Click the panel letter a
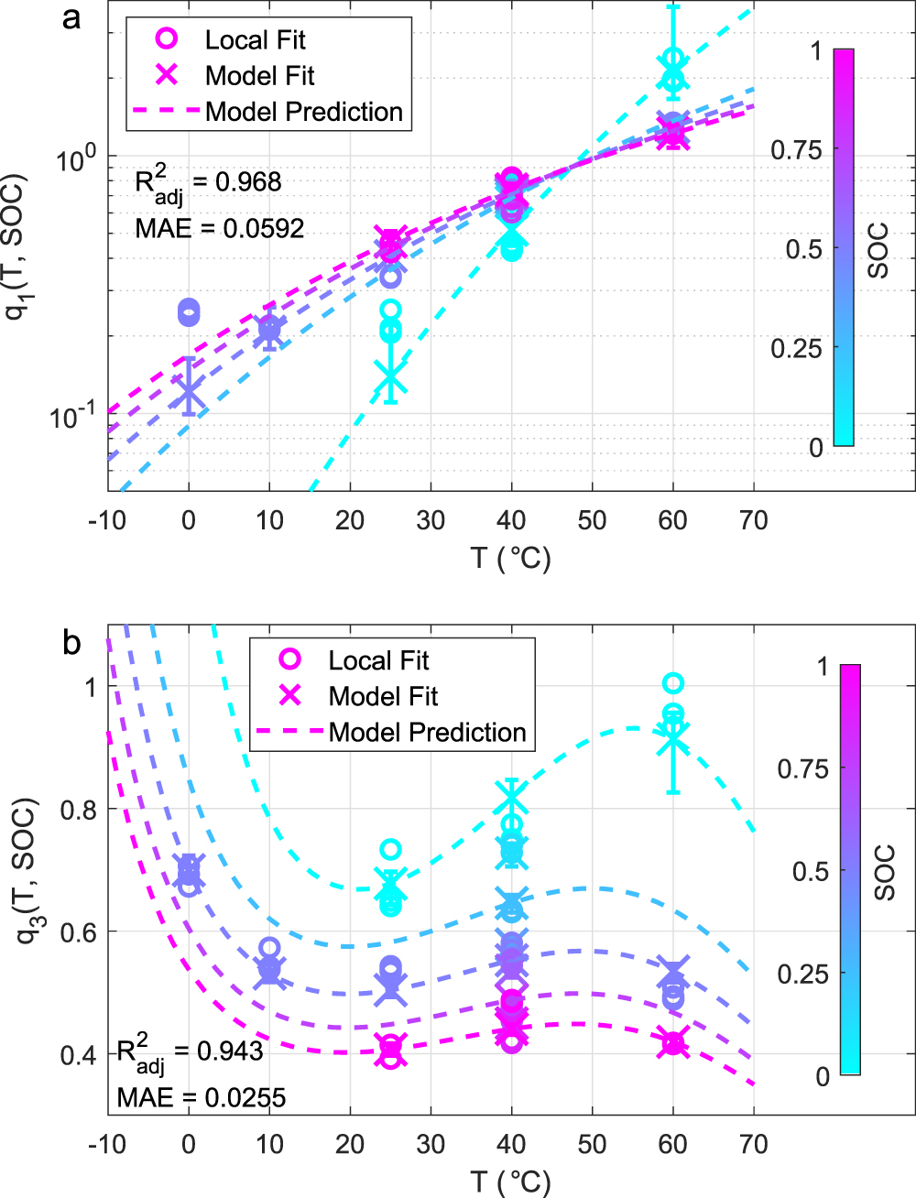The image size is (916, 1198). [x=71, y=17]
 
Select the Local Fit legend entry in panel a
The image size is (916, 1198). [x=255, y=39]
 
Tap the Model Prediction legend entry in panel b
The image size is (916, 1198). [x=427, y=733]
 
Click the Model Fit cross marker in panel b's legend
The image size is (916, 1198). [x=290, y=696]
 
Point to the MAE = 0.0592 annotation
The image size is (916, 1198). [x=220, y=228]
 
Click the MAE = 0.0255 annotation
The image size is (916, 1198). [x=202, y=1097]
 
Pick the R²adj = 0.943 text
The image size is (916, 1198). [x=190, y=1052]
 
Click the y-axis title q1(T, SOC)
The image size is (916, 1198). [x=16, y=247]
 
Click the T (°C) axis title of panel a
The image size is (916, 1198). [x=510, y=557]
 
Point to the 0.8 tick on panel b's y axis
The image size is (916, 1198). [x=78, y=810]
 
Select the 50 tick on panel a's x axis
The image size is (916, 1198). [x=592, y=520]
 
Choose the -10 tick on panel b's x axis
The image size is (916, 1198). [x=107, y=1144]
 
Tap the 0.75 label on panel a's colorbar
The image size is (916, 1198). [x=796, y=149]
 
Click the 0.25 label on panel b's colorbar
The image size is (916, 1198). [x=802, y=974]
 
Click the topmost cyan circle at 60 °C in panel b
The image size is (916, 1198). [x=673, y=683]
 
